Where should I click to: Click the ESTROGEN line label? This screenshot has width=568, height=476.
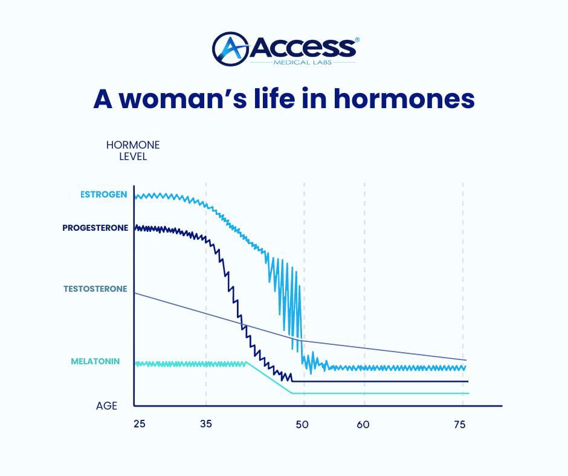click(103, 195)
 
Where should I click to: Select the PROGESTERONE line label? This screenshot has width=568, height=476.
click(95, 228)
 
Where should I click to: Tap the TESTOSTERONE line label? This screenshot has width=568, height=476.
click(95, 289)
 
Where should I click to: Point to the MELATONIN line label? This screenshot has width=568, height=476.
click(95, 361)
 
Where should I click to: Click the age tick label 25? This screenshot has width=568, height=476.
click(140, 423)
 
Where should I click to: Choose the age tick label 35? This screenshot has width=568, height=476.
click(206, 423)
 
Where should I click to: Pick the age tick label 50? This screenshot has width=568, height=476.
click(302, 424)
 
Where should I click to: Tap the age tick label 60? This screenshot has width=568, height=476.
click(363, 424)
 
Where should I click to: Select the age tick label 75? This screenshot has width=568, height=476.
click(460, 424)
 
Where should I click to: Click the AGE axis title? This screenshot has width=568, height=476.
click(106, 406)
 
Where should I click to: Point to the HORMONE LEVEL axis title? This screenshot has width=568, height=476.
click(133, 150)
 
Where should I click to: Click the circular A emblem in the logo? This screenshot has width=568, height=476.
click(230, 49)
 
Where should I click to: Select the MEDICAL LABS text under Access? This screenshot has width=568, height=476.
click(303, 62)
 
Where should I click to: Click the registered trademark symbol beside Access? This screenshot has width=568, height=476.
click(357, 40)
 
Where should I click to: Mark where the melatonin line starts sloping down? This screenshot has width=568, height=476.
click(247, 362)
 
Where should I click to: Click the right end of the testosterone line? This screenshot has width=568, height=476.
click(466, 360)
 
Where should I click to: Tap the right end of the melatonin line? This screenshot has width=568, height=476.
click(468, 393)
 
